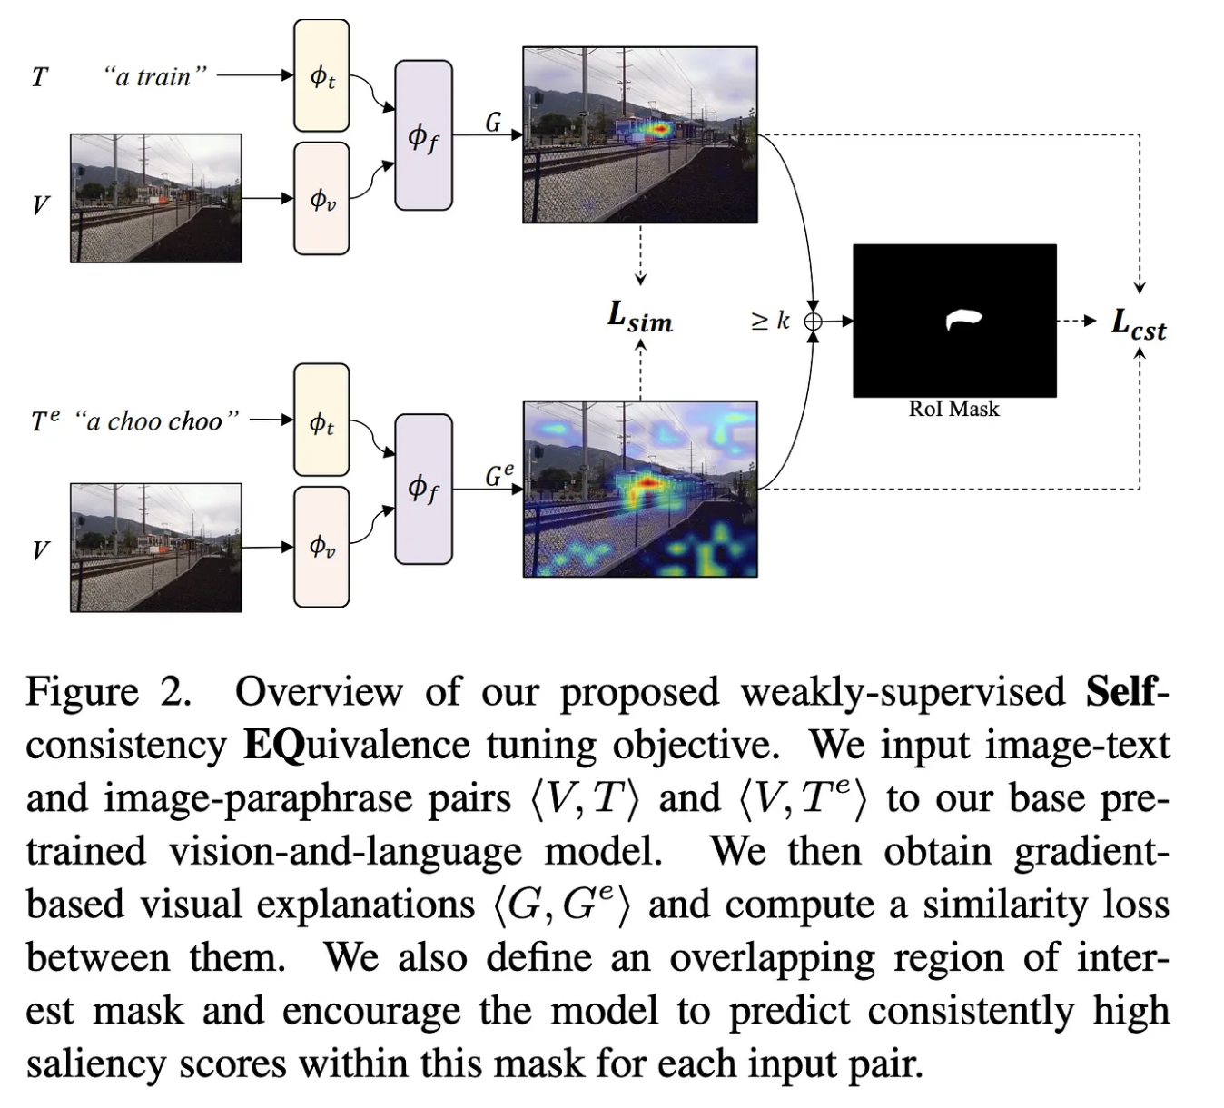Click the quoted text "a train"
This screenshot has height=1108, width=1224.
[x=154, y=76]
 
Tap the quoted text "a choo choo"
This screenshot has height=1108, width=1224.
[x=156, y=420]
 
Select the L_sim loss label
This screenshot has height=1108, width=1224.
[x=640, y=317]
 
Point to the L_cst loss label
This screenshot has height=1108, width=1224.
[x=1139, y=323]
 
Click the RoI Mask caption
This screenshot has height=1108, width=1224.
[x=953, y=410]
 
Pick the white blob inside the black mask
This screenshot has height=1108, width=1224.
[x=962, y=319]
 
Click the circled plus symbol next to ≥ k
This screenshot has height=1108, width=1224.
[x=814, y=321]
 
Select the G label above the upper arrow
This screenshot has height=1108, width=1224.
[x=493, y=122]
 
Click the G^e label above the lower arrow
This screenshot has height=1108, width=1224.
[x=498, y=474]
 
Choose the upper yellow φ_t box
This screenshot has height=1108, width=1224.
[x=321, y=75]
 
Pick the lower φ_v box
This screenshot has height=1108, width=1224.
[x=321, y=547]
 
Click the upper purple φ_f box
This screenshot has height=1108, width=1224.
[x=423, y=135]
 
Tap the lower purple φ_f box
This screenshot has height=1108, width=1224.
[x=423, y=489]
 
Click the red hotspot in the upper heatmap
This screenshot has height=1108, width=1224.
[x=656, y=131]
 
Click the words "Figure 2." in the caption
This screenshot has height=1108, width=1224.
[x=108, y=692]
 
